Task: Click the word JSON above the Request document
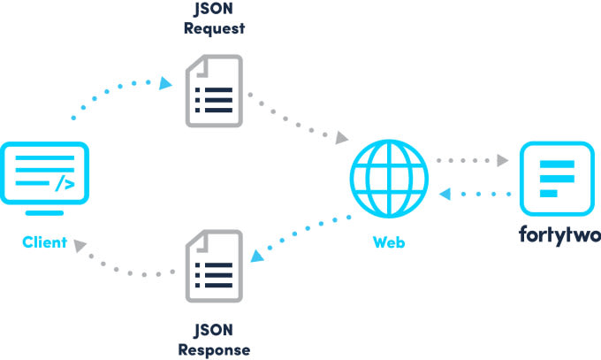click(214, 9)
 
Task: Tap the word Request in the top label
click(214, 28)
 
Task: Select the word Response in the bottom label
click(214, 350)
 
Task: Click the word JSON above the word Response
click(214, 331)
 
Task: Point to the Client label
click(45, 242)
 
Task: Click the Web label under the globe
click(389, 242)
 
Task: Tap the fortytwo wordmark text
click(559, 235)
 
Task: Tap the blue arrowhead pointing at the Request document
click(165, 83)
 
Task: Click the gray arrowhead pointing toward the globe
click(341, 138)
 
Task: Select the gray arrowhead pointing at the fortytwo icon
click(503, 160)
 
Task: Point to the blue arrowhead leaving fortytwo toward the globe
click(445, 194)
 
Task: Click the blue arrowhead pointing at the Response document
click(257, 256)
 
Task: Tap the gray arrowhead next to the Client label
click(80, 245)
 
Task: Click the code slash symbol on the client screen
click(65, 183)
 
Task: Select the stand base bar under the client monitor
click(44, 213)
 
